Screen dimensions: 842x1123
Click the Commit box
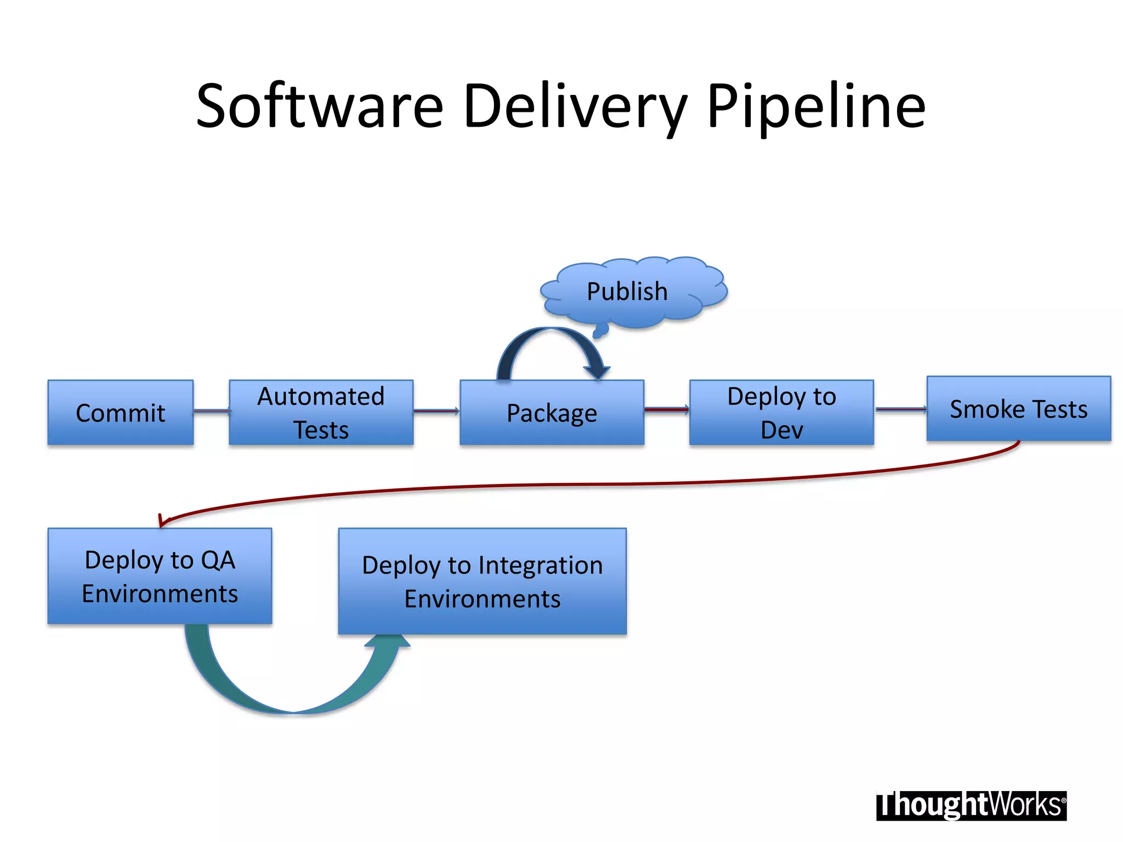click(x=120, y=412)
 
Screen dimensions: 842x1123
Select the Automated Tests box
click(x=321, y=412)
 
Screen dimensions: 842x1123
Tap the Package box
click(x=552, y=412)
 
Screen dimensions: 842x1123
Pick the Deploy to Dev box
click(x=781, y=412)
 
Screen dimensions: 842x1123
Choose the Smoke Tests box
click(x=1019, y=408)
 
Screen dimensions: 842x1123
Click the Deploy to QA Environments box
click(x=160, y=576)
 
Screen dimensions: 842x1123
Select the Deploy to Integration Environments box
click(x=482, y=581)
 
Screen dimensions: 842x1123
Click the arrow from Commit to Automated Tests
click(x=211, y=411)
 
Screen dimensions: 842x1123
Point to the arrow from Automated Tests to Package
click(x=436, y=411)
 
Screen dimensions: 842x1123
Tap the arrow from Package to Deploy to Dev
click(x=666, y=409)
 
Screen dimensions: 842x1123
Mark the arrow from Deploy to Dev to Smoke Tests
click(x=900, y=409)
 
